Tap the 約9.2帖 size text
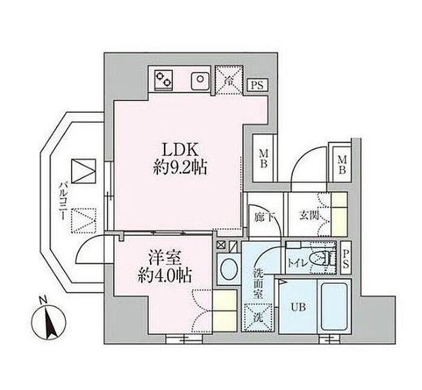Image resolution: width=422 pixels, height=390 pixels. point(180,168)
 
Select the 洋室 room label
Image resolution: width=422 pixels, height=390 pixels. point(165,258)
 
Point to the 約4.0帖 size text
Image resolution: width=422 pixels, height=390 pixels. point(165,276)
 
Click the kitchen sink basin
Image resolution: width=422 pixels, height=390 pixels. point(200,80)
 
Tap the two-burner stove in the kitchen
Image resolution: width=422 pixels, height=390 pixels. point(163,80)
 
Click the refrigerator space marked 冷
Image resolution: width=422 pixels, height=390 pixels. point(229,80)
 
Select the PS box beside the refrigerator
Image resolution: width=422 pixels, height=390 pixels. point(258,85)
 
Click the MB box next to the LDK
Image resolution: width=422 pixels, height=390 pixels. point(264,159)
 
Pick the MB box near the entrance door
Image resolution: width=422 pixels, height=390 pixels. point(342,164)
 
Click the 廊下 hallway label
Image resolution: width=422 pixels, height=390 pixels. point(265,217)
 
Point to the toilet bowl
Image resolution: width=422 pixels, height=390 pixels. point(322,259)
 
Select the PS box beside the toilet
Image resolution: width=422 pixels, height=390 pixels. point(346,258)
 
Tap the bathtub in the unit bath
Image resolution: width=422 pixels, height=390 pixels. point(334,307)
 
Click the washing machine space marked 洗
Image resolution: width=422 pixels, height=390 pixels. point(258,318)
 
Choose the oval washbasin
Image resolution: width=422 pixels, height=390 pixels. point(228,269)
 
